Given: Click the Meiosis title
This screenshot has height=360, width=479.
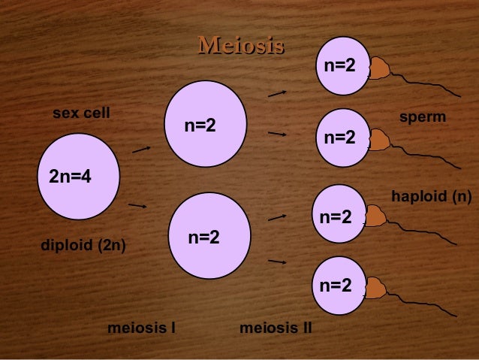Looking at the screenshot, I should point(240,47).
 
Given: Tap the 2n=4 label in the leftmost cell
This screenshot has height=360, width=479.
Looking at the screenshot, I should point(70,177).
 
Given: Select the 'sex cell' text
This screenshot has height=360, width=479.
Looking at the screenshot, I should point(81,113).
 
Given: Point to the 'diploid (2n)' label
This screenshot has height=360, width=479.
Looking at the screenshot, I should point(83,245).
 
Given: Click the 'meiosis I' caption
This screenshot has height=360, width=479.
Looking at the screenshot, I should point(142,328).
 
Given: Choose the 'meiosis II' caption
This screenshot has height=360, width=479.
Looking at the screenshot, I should point(276,328).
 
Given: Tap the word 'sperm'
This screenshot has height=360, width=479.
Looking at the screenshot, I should point(423,118).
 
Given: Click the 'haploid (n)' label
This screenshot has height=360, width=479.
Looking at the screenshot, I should point(431,197).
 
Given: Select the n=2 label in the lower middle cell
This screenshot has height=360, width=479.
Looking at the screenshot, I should point(203,237).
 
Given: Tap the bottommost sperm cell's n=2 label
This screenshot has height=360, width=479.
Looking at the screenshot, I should point(336,285).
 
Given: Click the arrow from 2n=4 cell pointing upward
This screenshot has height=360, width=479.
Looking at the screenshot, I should point(141,150).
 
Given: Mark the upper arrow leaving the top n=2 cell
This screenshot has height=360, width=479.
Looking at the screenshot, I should point(277,94).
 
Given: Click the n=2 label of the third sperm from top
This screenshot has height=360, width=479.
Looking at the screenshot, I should point(336,217).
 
